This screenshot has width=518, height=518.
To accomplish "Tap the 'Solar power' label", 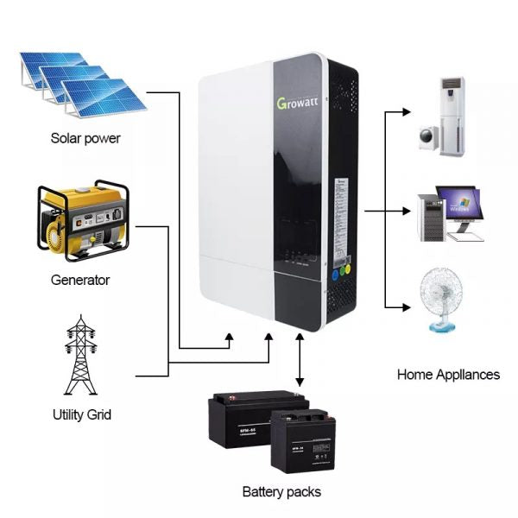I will coord(85,138).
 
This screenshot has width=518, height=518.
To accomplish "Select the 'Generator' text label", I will coord(80,280).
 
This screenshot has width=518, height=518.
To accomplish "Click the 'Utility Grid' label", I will coord(81,414).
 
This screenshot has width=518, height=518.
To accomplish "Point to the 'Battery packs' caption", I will coord(281,491).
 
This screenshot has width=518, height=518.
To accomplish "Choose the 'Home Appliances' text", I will coord(448,375).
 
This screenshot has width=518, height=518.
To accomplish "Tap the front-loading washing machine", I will coord(428,136).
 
